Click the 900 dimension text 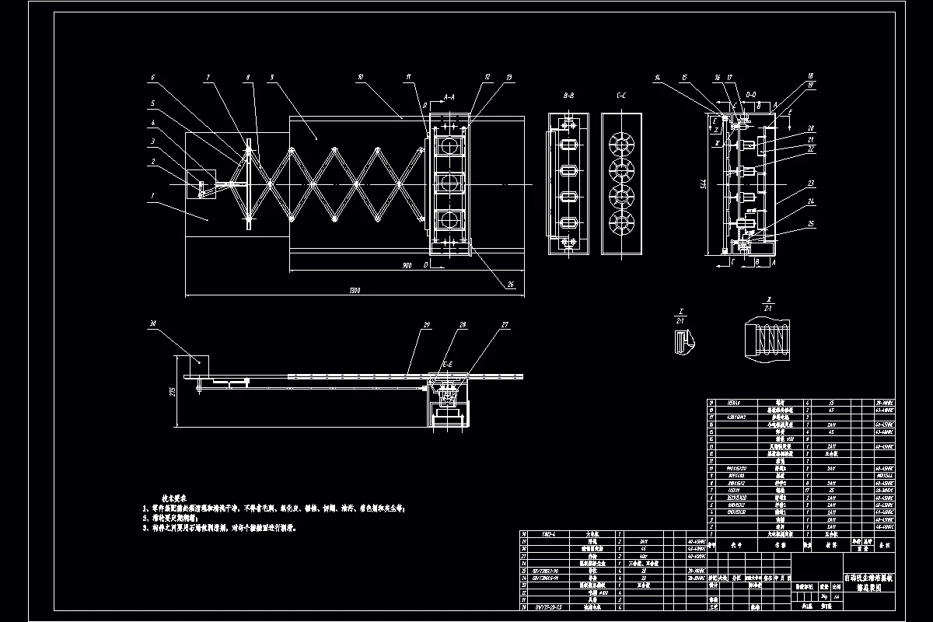click(407, 266)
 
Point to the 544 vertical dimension click(702, 183)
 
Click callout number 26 click(511, 285)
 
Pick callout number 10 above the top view click(360, 77)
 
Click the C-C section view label click(621, 97)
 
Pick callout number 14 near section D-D click(658, 77)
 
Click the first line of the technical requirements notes click(276, 507)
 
